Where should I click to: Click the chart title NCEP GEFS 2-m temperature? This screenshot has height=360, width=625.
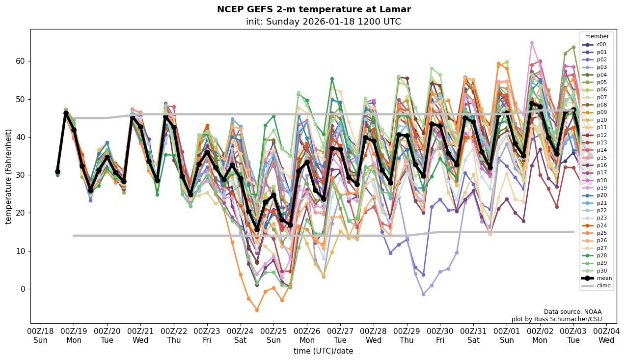pos(314,9)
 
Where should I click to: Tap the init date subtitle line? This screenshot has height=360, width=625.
pos(323,22)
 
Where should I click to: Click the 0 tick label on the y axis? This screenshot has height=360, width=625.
pos(23,289)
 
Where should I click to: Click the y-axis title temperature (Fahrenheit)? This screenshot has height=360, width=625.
pos(8,176)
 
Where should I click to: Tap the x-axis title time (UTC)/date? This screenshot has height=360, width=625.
pos(323,351)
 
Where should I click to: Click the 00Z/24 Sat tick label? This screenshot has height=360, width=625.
pos(241,335)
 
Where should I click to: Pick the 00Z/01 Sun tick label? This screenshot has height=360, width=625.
pos(507,335)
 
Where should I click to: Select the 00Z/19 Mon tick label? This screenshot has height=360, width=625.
pos(74,335)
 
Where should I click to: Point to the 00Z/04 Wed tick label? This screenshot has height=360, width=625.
pos(606,335)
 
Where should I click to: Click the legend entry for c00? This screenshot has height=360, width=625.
pos(601,45)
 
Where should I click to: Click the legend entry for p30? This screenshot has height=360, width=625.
pos(601,271)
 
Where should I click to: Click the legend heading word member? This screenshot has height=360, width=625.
pos(597,36)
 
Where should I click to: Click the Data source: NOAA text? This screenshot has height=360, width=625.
pos(572,312)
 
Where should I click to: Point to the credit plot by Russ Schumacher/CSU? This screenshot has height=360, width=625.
pos(556,319)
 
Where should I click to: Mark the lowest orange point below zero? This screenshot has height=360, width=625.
pos(257,310)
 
